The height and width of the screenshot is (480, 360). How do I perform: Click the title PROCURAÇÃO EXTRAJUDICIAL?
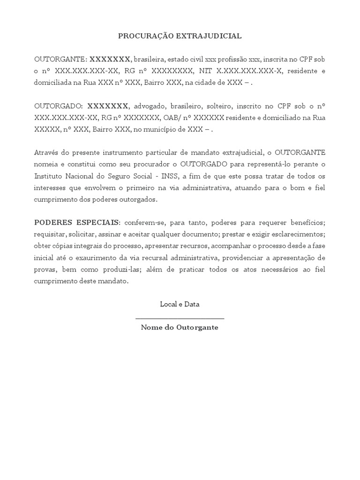(180, 36)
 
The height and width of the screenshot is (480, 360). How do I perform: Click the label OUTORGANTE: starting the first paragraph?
(60, 60)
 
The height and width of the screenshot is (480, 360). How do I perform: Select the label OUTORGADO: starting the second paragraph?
(59, 106)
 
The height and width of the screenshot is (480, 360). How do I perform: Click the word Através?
(47, 152)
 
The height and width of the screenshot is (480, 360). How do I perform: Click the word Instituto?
(48, 176)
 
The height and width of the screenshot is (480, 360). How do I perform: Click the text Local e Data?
(180, 304)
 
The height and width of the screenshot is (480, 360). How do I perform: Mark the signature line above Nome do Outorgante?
(180, 319)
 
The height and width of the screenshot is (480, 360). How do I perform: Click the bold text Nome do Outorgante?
(180, 328)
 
